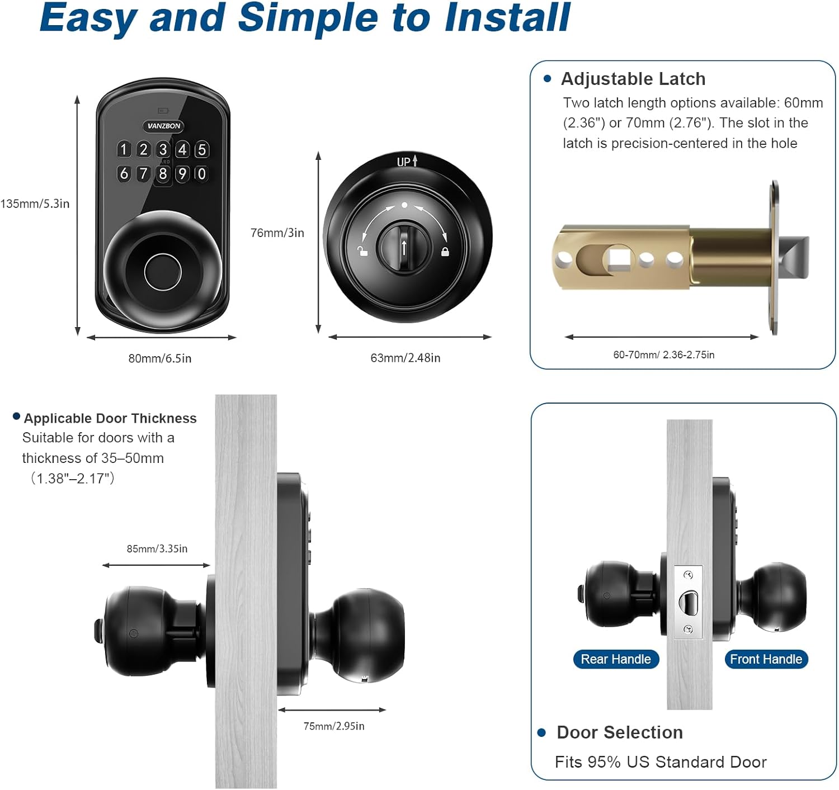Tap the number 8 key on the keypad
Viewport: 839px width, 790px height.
tap(163, 174)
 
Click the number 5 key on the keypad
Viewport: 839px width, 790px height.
tap(202, 149)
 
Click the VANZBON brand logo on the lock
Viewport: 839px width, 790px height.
tap(164, 126)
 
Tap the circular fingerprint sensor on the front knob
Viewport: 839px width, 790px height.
tap(163, 272)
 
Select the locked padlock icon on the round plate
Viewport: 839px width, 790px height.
tap(445, 252)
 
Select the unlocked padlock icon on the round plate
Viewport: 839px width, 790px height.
tap(363, 252)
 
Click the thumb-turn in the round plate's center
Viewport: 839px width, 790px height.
tap(404, 246)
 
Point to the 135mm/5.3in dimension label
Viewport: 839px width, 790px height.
tap(35, 204)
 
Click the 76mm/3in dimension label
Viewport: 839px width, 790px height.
tap(277, 233)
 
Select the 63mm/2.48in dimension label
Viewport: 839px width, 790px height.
tap(405, 358)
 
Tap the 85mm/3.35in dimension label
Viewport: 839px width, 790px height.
tap(157, 548)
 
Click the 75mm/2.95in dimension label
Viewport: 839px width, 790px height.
tap(334, 726)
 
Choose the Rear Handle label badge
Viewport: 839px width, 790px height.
tap(616, 659)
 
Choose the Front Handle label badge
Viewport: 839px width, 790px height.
tap(766, 659)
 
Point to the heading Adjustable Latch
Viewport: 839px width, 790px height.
tap(633, 79)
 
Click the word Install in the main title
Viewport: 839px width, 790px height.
tap(507, 18)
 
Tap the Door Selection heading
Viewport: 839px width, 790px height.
tap(619, 732)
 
